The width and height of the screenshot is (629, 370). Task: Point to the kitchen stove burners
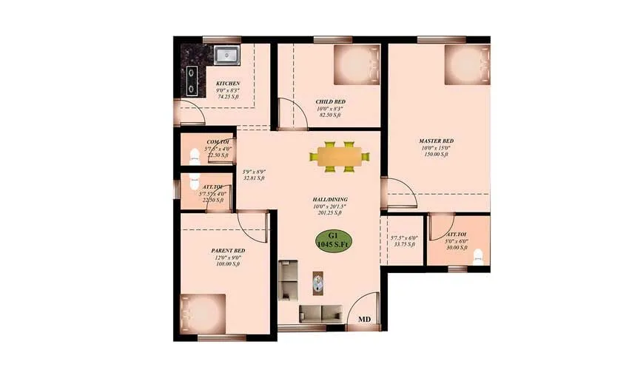pos(192,81)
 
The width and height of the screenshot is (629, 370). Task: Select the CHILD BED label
pos(330,101)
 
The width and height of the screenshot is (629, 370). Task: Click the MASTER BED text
pos(436,141)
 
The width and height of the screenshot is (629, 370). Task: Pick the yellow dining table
pos(340,156)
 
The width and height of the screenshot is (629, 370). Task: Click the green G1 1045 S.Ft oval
pos(331,241)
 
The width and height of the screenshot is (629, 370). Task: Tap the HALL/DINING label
pos(330,200)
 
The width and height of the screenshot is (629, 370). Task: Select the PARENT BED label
pos(228,252)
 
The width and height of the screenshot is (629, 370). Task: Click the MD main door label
pos(364,320)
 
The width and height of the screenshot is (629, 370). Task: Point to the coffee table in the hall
pos(318,283)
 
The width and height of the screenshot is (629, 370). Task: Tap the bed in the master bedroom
pos(467,65)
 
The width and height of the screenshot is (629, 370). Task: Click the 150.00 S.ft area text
pos(436,155)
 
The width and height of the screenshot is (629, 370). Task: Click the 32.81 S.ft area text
pos(254,178)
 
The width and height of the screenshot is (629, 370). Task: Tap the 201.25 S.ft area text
pos(329,213)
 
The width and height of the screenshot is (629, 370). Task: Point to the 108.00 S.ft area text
pos(228,265)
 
